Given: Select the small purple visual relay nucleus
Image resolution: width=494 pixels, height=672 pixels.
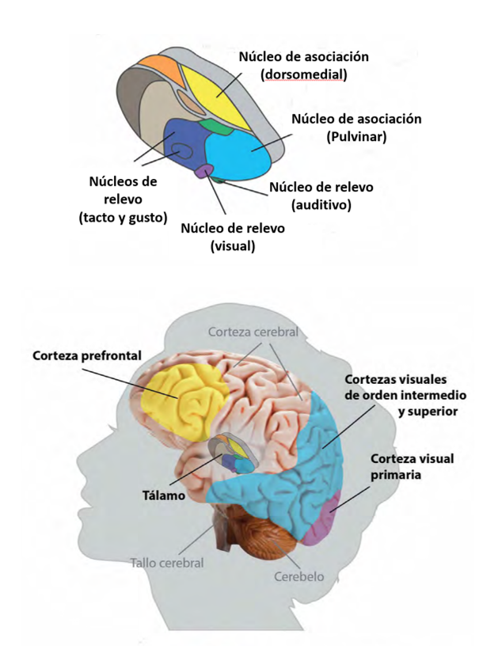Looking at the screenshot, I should click(204, 170).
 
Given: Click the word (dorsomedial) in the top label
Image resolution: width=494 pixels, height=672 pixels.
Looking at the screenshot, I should click(305, 75).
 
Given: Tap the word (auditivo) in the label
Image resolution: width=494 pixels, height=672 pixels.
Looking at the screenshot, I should click(321, 205).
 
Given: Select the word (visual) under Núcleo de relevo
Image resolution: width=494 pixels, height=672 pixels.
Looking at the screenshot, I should click(233, 245).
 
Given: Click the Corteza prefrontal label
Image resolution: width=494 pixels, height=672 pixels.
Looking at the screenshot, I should click(87, 355).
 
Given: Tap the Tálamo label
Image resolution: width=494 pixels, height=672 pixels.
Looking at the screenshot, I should click(165, 495).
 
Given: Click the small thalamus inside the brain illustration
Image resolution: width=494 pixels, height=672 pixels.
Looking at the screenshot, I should click(234, 457).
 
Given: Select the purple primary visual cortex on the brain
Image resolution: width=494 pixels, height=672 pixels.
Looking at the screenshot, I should click(329, 514).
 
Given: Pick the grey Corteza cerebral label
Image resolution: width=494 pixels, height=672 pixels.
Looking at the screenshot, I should click(253, 332).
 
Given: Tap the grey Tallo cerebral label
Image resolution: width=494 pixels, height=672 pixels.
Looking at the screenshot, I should click(167, 563).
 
